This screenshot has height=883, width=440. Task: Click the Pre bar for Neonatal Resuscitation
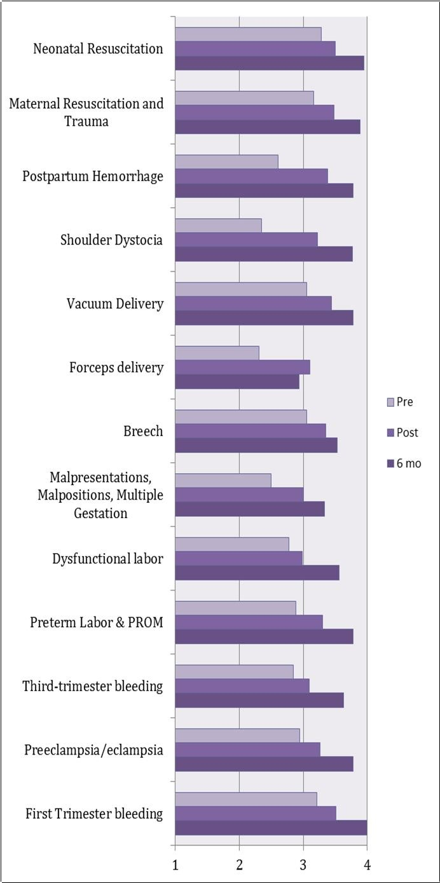pyautogui.click(x=248, y=34)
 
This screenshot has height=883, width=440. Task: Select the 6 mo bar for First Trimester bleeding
pyautogui.click(x=271, y=827)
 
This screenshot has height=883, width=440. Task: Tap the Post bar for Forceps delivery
pyautogui.click(x=242, y=367)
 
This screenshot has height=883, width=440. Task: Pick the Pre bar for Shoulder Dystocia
pyautogui.click(x=218, y=225)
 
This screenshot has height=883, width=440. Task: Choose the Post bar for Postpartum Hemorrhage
pyautogui.click(x=251, y=176)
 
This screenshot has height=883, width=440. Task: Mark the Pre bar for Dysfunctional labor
pyautogui.click(x=231, y=544)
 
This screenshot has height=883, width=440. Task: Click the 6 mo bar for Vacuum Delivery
pyautogui.click(x=264, y=318)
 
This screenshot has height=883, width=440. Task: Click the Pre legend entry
pyautogui.click(x=404, y=402)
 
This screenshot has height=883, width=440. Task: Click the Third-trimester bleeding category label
pyautogui.click(x=93, y=686)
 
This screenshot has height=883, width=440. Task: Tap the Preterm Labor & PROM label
pyautogui.click(x=97, y=622)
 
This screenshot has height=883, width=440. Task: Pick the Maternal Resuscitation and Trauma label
pyautogui.click(x=86, y=112)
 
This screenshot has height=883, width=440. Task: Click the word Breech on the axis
pyautogui.click(x=143, y=431)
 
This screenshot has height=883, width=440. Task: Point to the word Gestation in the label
pyautogui.click(x=101, y=513)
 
